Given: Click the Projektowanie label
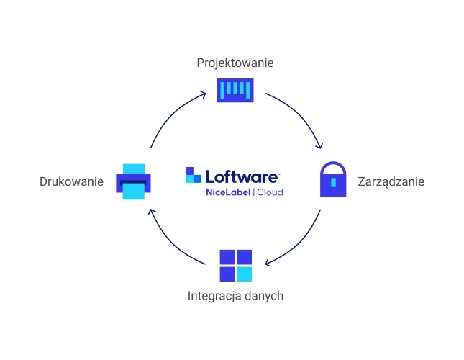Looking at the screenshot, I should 235,63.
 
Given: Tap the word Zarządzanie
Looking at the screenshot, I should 391,181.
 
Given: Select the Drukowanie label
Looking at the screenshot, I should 72,181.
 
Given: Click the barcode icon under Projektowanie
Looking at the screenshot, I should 235,91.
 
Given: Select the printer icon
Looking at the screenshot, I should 134,181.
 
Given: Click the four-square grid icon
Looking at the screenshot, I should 235,265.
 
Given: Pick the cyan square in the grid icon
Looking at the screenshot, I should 245,274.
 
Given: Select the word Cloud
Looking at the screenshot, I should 270,192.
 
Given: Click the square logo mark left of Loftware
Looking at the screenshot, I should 193,175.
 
